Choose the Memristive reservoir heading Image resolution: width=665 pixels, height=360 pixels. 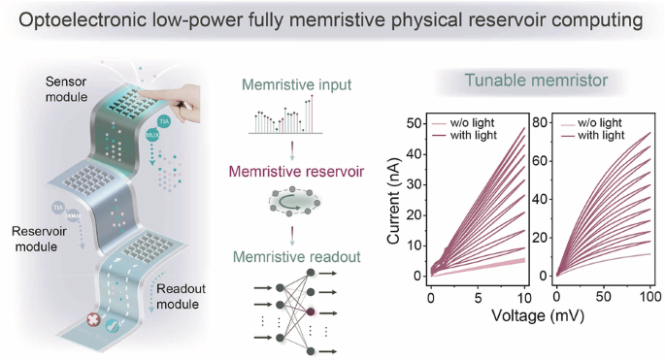click(303, 171)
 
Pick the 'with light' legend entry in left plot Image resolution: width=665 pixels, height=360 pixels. click(477, 134)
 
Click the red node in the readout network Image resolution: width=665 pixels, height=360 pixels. click(311, 312)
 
